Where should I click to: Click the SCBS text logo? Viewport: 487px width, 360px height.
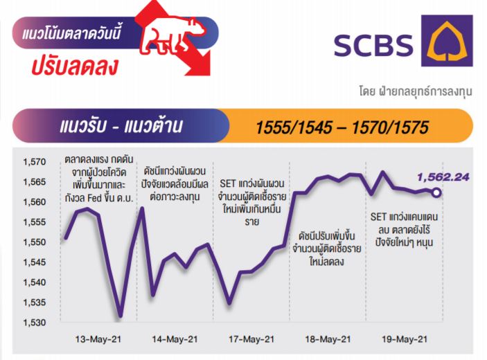click(x=373, y=45)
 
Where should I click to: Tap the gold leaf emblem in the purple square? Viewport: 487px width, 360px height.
click(x=447, y=41)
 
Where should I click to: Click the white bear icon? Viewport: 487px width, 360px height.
click(x=172, y=36)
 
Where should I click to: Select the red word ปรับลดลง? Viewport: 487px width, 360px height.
click(x=75, y=66)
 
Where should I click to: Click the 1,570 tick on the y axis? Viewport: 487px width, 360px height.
click(x=34, y=162)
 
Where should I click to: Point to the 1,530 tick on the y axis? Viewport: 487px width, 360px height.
click(x=34, y=323)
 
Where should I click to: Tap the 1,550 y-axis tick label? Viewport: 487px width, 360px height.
click(x=34, y=242)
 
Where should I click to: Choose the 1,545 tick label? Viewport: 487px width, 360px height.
click(x=34, y=262)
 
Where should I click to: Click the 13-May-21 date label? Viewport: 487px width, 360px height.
click(x=98, y=339)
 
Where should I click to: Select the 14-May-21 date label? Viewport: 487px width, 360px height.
click(x=175, y=339)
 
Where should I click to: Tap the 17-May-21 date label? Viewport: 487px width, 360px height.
click(x=251, y=339)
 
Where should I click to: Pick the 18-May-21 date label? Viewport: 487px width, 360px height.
click(x=328, y=339)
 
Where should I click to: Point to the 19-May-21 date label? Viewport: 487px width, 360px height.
click(x=405, y=339)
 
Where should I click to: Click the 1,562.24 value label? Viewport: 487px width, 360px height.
click(x=443, y=177)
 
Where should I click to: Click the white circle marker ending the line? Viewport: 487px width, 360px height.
click(x=436, y=192)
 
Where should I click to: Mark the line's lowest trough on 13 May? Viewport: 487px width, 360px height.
click(x=121, y=316)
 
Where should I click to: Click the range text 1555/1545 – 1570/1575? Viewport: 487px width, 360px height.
click(x=342, y=127)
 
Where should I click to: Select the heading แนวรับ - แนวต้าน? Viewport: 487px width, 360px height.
click(x=121, y=126)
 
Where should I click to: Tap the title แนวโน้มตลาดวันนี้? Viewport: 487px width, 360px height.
click(x=71, y=33)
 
